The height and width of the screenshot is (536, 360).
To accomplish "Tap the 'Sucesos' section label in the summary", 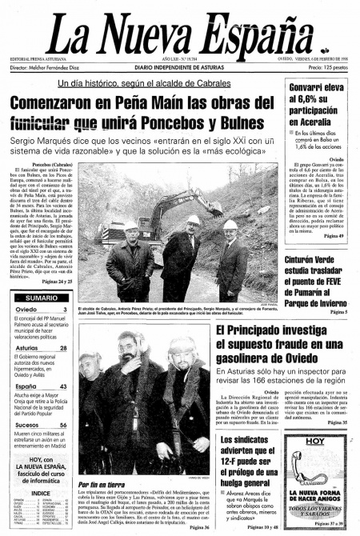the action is click(x=23, y=426).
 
